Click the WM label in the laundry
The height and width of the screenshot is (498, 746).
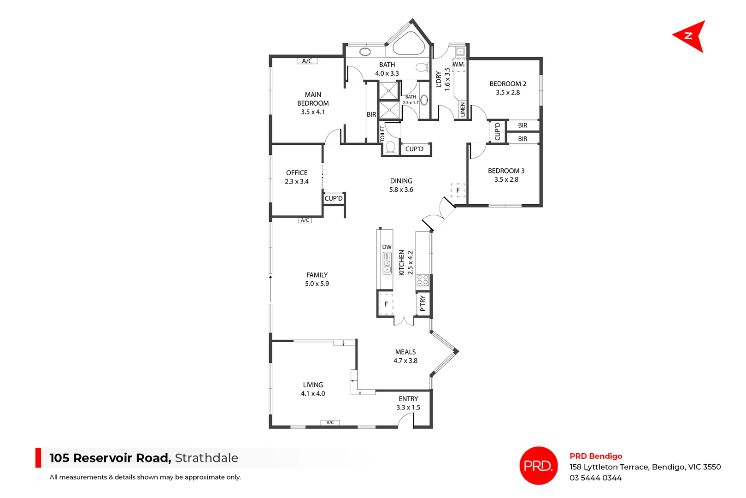458,65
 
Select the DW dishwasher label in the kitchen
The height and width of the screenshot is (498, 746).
387,247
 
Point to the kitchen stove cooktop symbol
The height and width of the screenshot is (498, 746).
423,280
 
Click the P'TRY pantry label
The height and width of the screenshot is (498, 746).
423,303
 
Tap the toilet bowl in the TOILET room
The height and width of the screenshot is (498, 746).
391,148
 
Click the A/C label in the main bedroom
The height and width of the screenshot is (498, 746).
307,61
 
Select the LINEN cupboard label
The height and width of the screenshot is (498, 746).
463,109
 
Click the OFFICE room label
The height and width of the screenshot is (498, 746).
297,173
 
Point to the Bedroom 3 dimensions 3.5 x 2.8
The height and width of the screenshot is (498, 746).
506,180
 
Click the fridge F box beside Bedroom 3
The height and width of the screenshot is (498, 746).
458,190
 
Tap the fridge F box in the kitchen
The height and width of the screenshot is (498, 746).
386,304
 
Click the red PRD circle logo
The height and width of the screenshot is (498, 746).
538,466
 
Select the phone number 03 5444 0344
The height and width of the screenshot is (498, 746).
595,478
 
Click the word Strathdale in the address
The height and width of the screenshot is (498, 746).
206,458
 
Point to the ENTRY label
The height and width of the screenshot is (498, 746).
408,399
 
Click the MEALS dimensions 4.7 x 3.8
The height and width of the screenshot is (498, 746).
405,361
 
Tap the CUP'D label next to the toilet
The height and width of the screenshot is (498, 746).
414,149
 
